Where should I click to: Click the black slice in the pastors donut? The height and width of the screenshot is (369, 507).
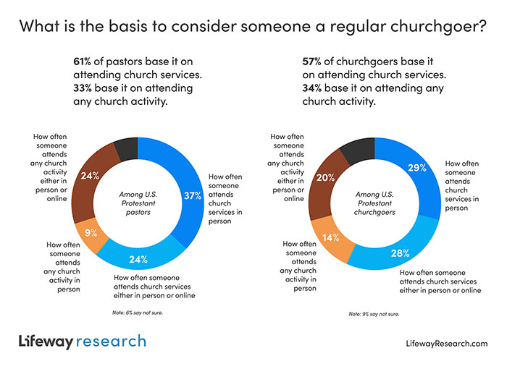[x=126, y=148]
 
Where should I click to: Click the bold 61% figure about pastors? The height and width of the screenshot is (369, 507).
[x=83, y=61]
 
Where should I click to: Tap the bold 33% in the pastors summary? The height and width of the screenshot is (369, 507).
[x=84, y=88]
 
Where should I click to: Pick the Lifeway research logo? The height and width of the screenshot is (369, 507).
[x=82, y=341]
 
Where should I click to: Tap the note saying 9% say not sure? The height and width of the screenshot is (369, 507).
[x=374, y=314]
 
